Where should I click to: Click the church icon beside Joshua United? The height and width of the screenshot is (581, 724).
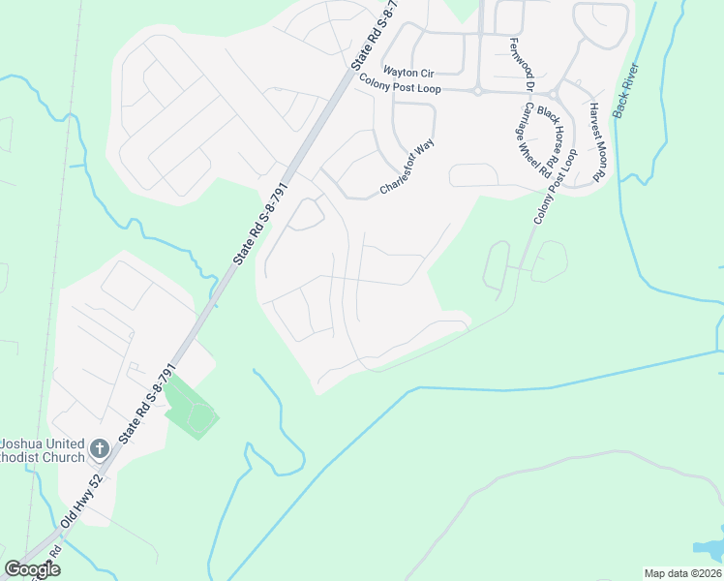click(99, 448)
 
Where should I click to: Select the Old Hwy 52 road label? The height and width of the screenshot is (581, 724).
click(83, 507)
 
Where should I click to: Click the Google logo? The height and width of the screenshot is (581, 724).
click(32, 569)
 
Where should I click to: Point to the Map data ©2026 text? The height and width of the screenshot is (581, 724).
click(682, 573)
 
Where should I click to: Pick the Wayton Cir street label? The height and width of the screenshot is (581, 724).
click(408, 72)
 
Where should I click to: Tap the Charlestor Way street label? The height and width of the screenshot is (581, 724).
click(407, 167)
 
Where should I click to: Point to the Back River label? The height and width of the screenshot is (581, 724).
click(626, 92)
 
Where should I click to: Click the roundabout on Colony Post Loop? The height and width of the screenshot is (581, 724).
click(477, 91)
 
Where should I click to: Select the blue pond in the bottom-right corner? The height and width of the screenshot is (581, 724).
click(714, 548)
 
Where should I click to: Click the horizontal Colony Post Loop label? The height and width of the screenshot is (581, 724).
click(400, 88)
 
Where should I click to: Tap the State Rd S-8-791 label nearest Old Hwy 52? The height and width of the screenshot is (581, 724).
click(145, 404)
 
